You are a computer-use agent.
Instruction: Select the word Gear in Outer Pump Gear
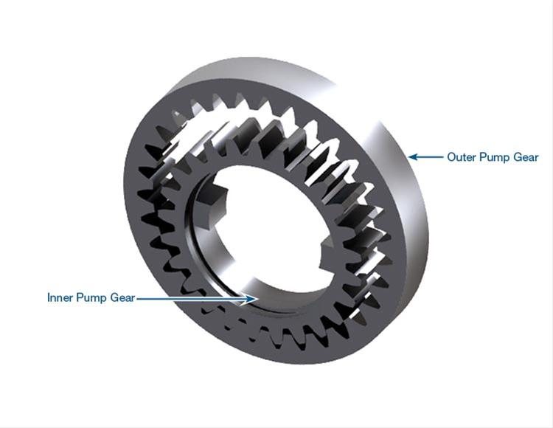pos(526,157)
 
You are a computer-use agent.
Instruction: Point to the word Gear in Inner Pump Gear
pos(122,297)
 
